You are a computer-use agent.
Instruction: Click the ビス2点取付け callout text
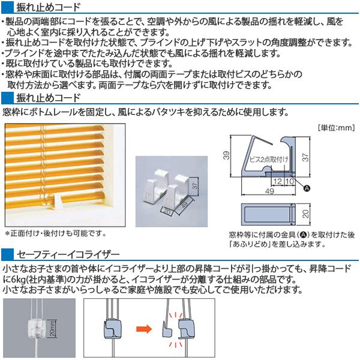(268, 158)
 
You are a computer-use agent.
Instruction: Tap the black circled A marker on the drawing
(307, 188)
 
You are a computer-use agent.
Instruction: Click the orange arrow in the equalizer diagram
(143, 328)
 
